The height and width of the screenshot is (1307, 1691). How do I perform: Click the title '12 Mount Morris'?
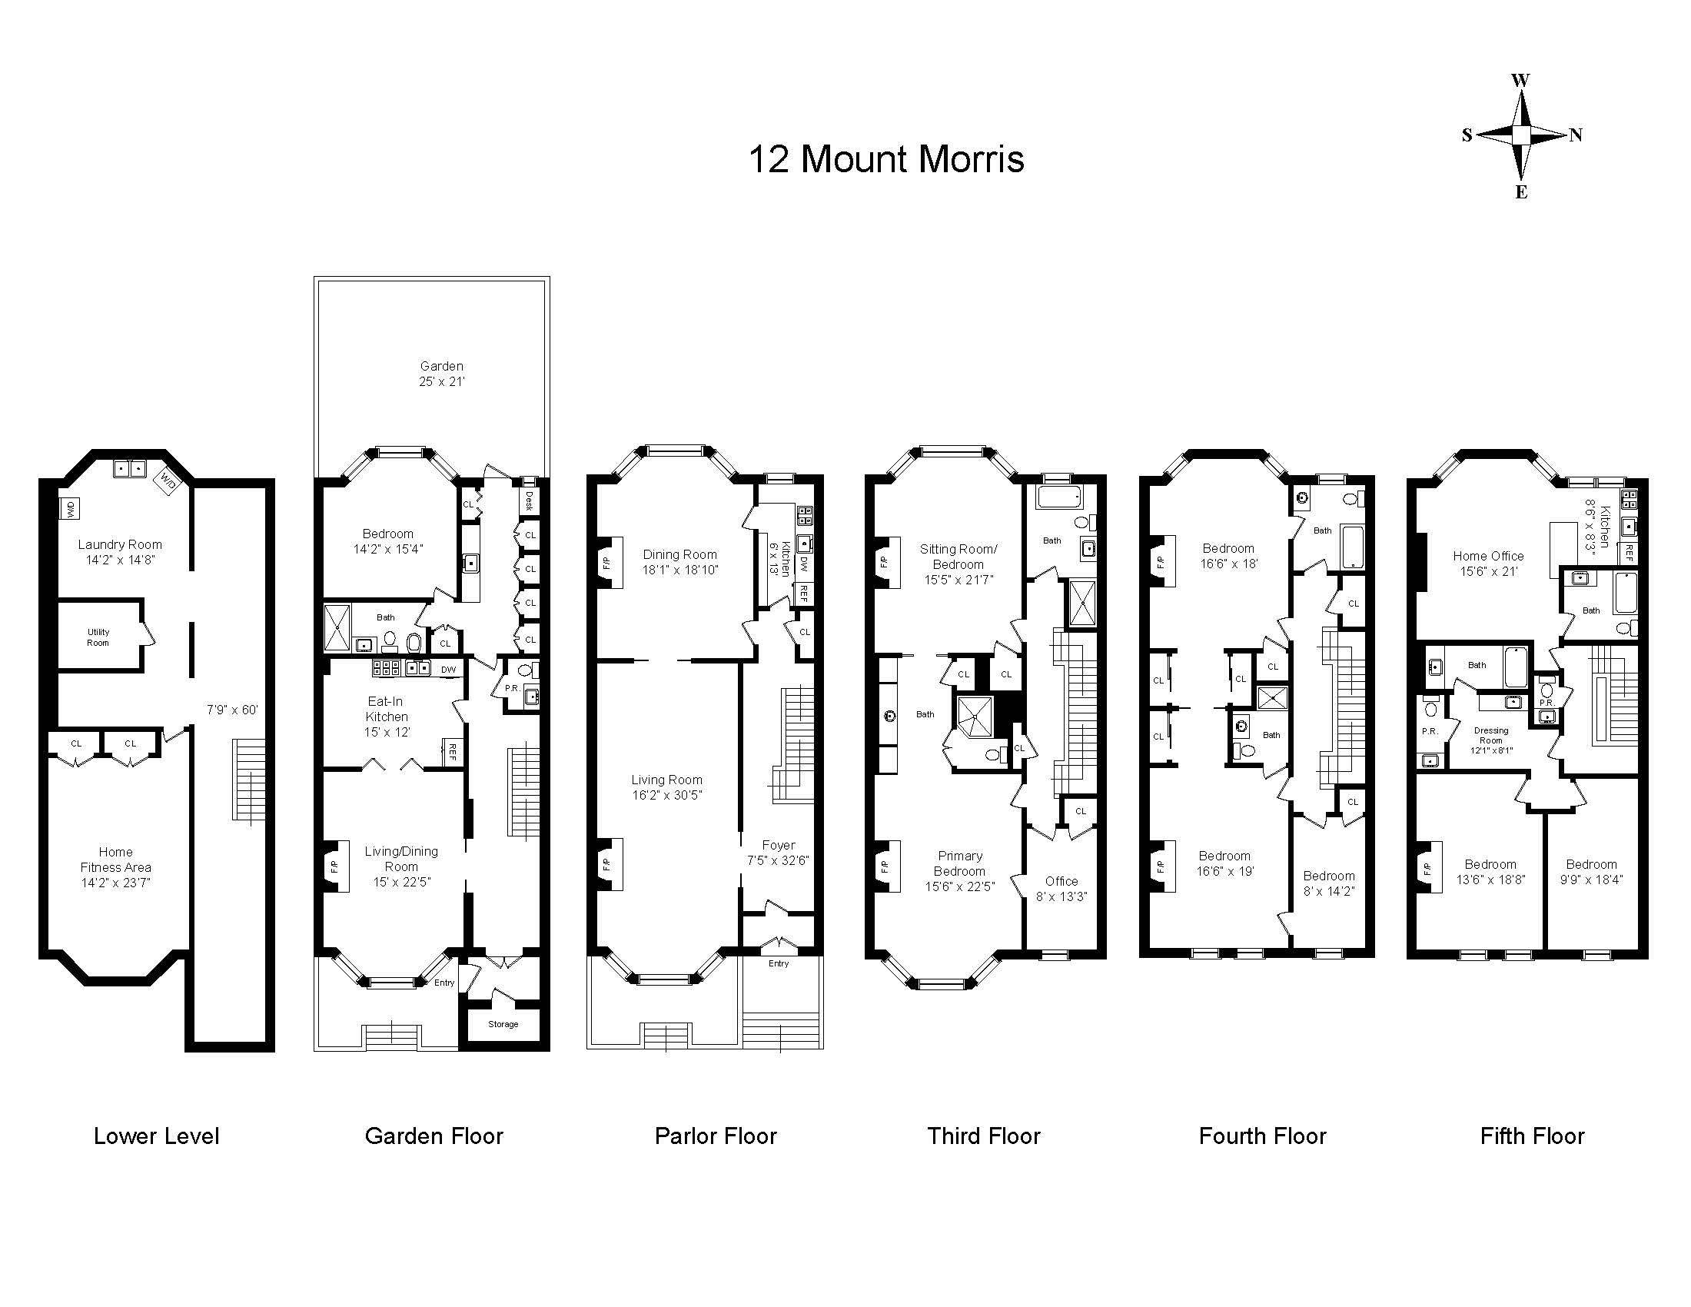[886, 159]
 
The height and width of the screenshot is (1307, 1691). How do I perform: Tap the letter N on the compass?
[1576, 135]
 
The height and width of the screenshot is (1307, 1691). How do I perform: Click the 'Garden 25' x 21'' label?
[442, 373]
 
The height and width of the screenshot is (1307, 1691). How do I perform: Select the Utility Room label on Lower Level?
[98, 637]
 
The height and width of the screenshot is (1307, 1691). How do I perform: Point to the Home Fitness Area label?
[116, 867]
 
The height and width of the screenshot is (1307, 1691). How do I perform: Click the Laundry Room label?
[120, 552]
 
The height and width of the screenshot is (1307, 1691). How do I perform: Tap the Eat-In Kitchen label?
[387, 717]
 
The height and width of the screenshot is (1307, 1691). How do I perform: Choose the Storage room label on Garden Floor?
[503, 1024]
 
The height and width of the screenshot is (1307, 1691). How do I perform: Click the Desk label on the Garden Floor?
[530, 501]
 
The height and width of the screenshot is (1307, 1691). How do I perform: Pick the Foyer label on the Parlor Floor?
[778, 853]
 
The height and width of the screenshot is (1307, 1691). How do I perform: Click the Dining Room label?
[679, 562]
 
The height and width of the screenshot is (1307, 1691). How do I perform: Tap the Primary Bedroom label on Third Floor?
[960, 871]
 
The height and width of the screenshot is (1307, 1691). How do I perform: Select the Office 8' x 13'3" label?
[1061, 889]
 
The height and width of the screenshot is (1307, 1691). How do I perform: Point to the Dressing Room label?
[1491, 740]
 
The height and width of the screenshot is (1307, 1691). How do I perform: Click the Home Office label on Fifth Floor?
[1488, 564]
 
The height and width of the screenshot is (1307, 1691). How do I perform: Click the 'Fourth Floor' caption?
[1263, 1136]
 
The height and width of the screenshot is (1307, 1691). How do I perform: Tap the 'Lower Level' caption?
[156, 1136]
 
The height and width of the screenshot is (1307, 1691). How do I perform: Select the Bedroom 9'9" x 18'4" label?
[1592, 872]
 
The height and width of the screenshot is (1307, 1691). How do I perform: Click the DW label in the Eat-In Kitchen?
[449, 670]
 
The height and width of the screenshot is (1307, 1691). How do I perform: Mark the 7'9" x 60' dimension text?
[232, 710]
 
